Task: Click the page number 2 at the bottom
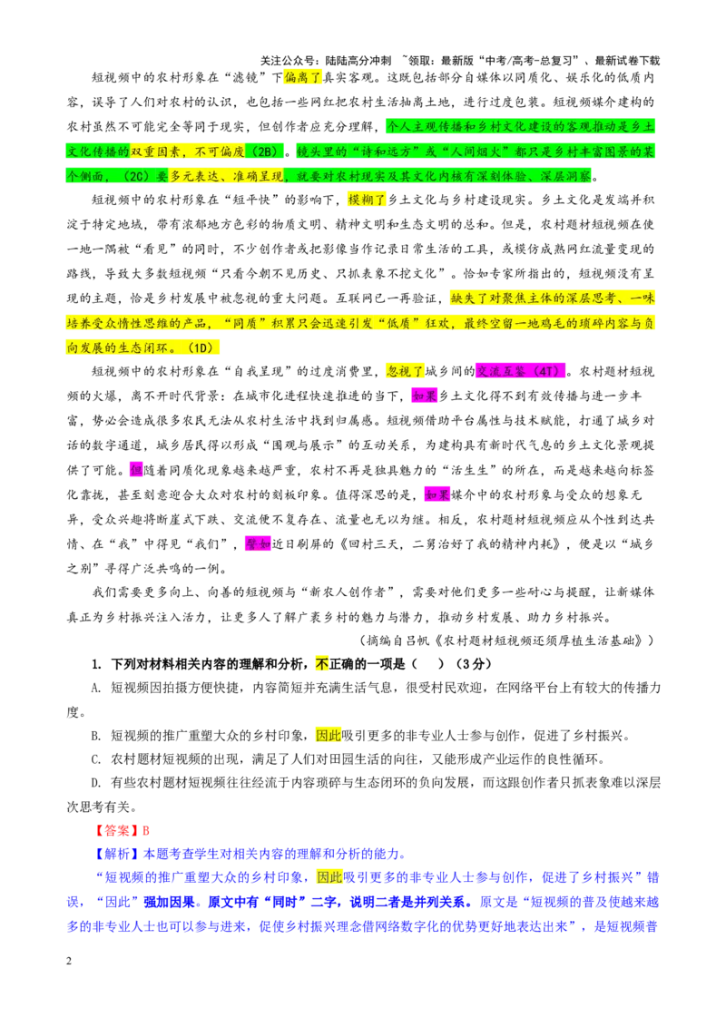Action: (69, 961)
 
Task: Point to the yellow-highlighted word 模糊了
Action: (367, 200)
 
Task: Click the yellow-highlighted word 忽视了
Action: (405, 371)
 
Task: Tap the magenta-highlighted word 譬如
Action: (258, 543)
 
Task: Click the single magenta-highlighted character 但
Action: (135, 470)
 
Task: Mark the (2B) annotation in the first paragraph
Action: (265, 152)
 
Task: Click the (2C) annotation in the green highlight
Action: (136, 176)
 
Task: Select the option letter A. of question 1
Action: (96, 688)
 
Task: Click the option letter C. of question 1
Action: (96, 759)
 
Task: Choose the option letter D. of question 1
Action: (96, 783)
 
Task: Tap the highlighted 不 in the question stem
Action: (322, 663)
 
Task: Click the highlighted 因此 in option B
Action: (329, 736)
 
